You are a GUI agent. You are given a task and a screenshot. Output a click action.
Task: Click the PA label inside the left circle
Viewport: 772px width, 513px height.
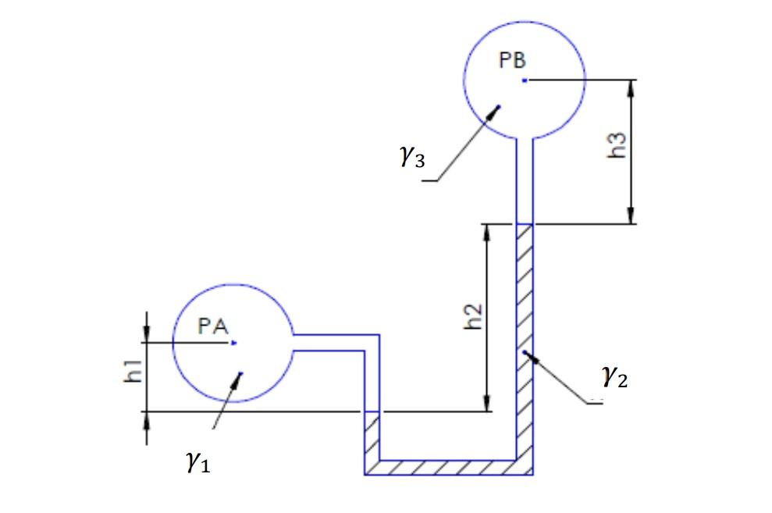pyautogui.click(x=212, y=326)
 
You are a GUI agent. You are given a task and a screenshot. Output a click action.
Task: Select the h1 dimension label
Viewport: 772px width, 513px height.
pyautogui.click(x=134, y=370)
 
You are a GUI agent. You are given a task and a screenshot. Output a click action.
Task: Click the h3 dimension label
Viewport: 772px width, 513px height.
pyautogui.click(x=616, y=145)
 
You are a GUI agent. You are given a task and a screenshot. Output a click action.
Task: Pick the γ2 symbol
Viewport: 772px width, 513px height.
pyautogui.click(x=614, y=378)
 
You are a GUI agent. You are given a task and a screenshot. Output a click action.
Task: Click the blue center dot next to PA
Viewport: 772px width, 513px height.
pyautogui.click(x=234, y=342)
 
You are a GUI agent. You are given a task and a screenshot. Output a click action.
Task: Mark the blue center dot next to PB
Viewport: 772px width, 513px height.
pyautogui.click(x=525, y=80)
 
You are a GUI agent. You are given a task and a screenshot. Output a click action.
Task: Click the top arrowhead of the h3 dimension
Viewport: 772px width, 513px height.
pyautogui.click(x=630, y=86)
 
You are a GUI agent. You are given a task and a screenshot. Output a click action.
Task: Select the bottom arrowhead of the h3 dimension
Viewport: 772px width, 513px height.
pyautogui.click(x=630, y=218)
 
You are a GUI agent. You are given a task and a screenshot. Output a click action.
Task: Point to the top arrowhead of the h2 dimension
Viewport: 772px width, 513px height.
pyautogui.click(x=487, y=230)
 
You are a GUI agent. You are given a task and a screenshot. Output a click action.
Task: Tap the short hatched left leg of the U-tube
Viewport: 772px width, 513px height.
pyautogui.click(x=372, y=437)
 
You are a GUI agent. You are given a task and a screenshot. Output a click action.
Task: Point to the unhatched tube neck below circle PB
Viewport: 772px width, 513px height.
pyautogui.click(x=524, y=180)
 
